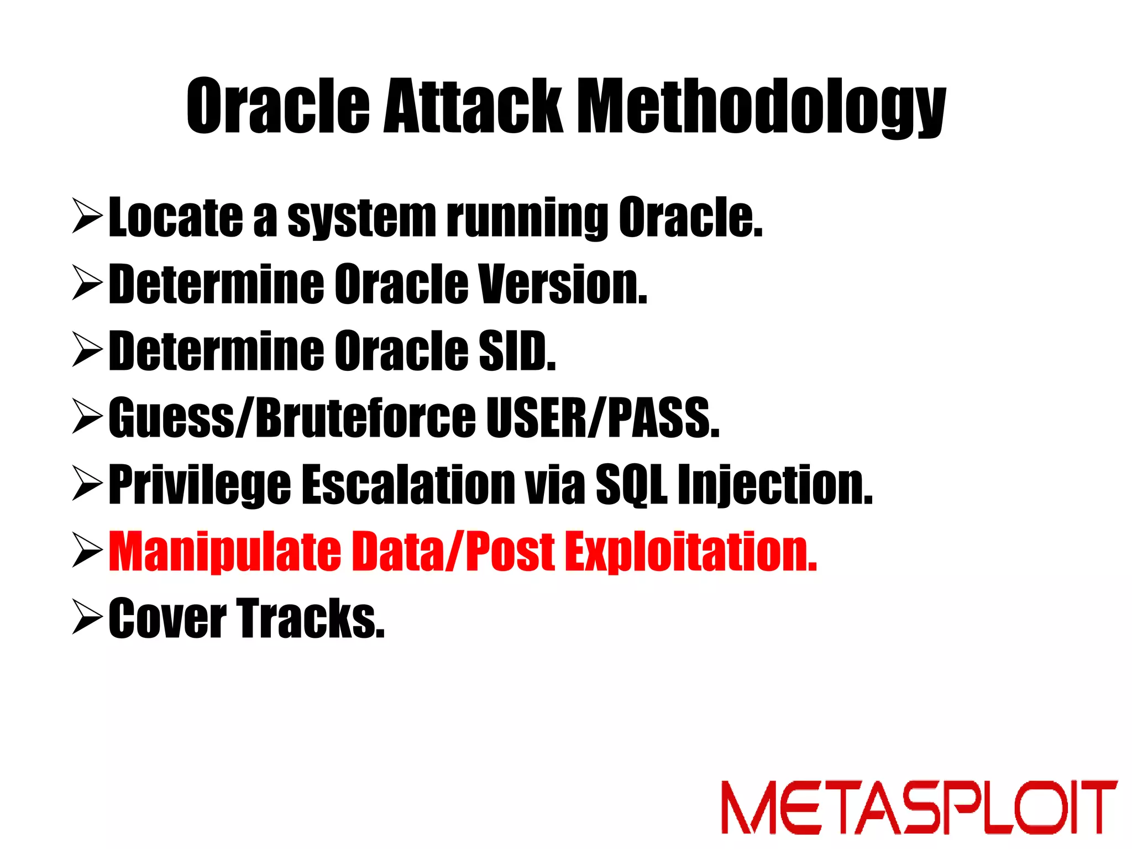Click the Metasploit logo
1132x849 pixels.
[919, 807]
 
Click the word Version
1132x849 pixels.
[562, 285]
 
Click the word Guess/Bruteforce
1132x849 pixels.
[292, 418]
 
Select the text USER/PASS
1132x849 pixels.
[602, 418]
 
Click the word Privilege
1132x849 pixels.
[200, 485]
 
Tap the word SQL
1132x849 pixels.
[631, 485]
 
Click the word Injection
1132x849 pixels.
[775, 485]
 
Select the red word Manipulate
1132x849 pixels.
[224, 552]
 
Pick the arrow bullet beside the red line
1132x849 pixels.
[87, 551]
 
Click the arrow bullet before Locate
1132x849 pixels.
[87, 216]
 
